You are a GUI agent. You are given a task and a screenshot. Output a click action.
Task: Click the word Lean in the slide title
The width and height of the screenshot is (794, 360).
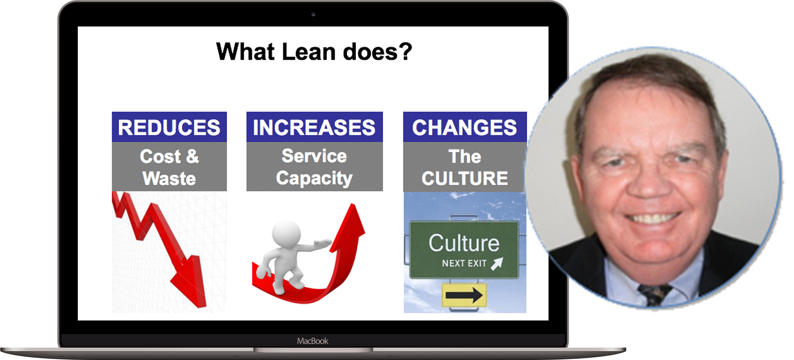pos(309,52)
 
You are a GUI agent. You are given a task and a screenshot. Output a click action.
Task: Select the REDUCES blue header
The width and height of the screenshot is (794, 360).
pos(169,127)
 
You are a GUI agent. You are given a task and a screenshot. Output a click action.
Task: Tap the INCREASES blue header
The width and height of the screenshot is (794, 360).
pos(314,127)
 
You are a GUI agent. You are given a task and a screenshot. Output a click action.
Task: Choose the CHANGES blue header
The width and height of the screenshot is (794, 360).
pos(465,127)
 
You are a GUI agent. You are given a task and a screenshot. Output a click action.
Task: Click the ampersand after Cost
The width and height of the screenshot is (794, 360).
pos(193,156)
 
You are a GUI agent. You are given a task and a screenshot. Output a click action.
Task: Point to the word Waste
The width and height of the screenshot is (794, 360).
pos(169,178)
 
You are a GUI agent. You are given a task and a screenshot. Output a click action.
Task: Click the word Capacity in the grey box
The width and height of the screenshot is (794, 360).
pos(314,179)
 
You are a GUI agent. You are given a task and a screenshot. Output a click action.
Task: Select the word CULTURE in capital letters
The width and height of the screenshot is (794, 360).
pos(465,178)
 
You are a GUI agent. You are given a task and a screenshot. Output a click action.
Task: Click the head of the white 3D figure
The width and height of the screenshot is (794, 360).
pos(286,234)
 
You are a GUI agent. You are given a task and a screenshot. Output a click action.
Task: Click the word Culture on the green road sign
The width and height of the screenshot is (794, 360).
pos(464,243)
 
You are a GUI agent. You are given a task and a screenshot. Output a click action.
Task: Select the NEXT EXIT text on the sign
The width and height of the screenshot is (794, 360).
pos(464,263)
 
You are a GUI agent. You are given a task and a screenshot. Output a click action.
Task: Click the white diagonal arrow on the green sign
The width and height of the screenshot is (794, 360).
pos(497,264)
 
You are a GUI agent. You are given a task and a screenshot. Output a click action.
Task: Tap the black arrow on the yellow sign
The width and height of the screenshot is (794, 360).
pos(464,295)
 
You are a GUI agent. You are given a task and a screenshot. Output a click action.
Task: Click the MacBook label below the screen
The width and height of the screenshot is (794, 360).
pos(313,341)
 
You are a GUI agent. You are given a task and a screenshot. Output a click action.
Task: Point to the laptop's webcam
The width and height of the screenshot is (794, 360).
pos(313,14)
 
